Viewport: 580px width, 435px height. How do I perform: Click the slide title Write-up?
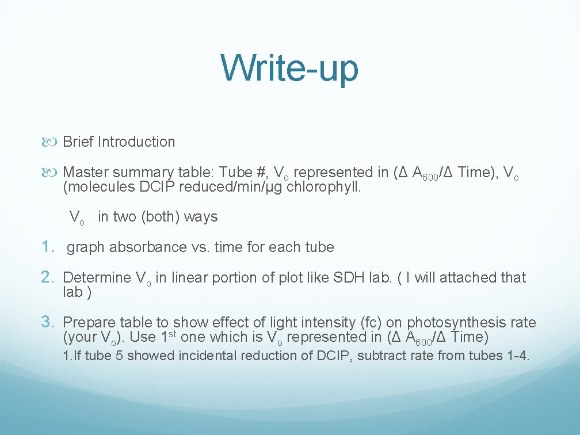(x=290, y=68)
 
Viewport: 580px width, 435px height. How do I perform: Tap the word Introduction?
(x=136, y=142)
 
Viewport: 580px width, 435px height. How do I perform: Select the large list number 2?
(x=48, y=277)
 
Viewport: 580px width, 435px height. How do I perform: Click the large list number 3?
(x=48, y=322)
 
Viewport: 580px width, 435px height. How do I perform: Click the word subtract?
(x=381, y=356)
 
